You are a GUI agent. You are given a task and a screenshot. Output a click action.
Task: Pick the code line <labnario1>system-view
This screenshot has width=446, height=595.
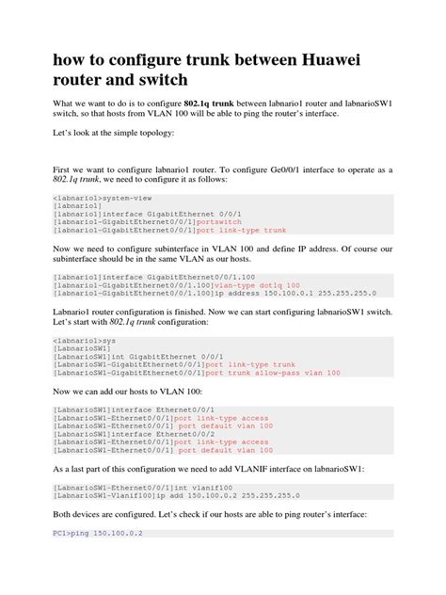click(x=96, y=199)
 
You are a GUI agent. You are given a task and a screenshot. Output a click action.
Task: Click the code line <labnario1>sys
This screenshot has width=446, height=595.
click(x=76, y=338)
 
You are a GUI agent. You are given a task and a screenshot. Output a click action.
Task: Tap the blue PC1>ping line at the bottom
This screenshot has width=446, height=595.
click(x=96, y=532)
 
